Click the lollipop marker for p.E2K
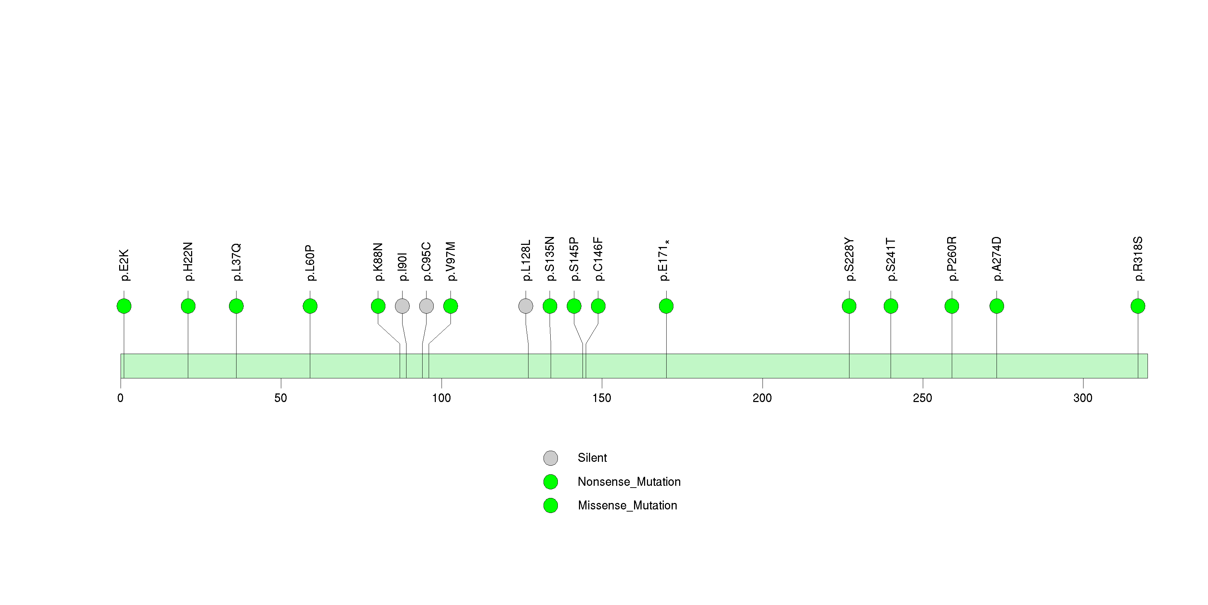124,306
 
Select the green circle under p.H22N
188,306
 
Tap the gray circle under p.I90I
402,306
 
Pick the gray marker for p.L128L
526,306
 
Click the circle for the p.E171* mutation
666,306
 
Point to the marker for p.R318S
1138,306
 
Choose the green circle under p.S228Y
849,306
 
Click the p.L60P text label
310,263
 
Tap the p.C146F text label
598,259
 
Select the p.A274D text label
997,259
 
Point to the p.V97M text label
450,261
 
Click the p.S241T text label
891,259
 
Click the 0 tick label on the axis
121,398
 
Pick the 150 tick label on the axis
601,398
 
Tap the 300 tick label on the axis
1083,398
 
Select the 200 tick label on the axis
762,398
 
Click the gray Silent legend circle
551,458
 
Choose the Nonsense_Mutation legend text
629,481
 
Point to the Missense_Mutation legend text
628,505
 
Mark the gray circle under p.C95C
426,306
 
